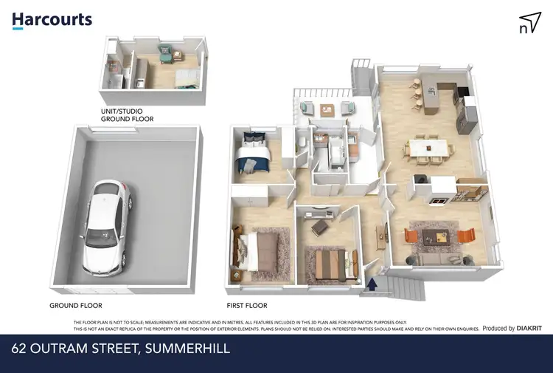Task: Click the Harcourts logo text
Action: [x=52, y=20]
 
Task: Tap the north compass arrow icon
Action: [x=529, y=23]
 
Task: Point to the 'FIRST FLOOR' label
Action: [x=247, y=305]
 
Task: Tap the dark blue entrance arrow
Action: [x=372, y=282]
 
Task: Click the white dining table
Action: [x=428, y=149]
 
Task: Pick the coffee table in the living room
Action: [x=437, y=236]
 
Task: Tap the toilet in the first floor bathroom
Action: [x=303, y=142]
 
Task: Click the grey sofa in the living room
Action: [x=438, y=259]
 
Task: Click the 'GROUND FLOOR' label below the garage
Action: [x=76, y=305]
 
